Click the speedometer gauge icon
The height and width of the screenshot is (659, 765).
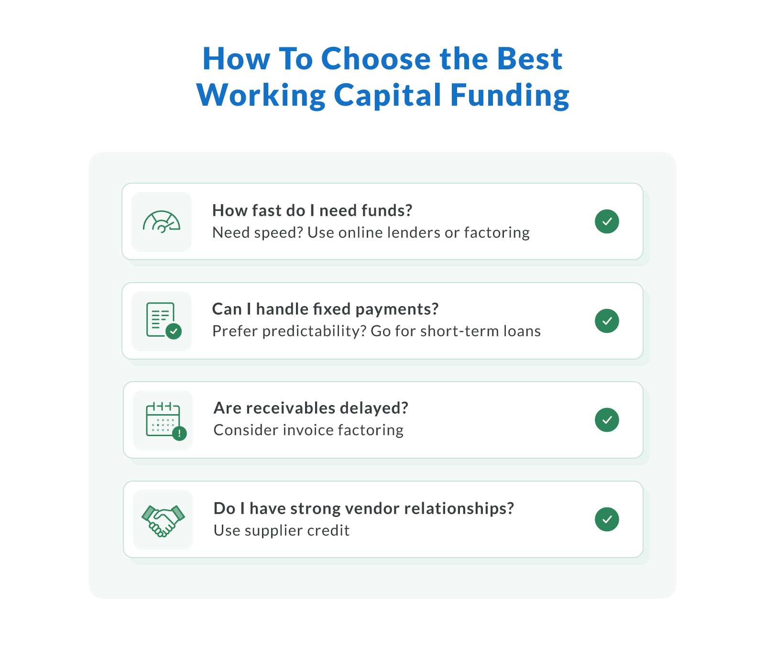[x=162, y=222]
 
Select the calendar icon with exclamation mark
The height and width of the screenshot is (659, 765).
[x=164, y=419]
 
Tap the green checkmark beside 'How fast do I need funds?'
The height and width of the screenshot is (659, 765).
[x=607, y=221]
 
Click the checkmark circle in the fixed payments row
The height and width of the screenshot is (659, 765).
[x=607, y=320]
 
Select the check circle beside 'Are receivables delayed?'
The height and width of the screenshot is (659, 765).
[x=607, y=420]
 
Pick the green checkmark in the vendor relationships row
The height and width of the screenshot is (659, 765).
[x=607, y=519]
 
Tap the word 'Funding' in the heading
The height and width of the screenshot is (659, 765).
[x=510, y=95]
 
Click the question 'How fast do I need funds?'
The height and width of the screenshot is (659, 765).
[x=312, y=210]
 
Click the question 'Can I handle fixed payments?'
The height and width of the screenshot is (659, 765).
[x=325, y=309]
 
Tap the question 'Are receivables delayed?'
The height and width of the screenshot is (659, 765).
[x=311, y=408]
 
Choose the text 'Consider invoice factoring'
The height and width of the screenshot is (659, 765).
[x=308, y=430]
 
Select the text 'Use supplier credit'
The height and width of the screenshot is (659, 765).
[x=281, y=530]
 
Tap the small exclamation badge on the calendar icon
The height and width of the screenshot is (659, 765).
[x=179, y=434]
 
